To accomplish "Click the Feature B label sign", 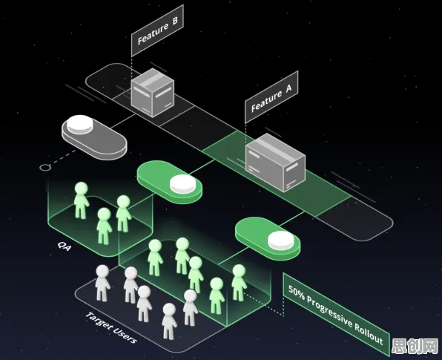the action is pyautogui.click(x=157, y=30).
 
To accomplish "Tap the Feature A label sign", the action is pyautogui.click(x=271, y=96).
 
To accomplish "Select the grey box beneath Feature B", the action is pyautogui.click(x=153, y=93).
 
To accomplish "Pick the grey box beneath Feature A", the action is pyautogui.click(x=275, y=163).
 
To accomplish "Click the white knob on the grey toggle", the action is pyautogui.click(x=80, y=124).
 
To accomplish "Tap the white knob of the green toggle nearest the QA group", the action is pyautogui.click(x=182, y=184).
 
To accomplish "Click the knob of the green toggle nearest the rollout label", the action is pyautogui.click(x=281, y=240).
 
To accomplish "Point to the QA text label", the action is pyautogui.click(x=65, y=246).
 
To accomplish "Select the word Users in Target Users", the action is pyautogui.click(x=126, y=336).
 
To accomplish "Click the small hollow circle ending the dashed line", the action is pyautogui.click(x=44, y=168).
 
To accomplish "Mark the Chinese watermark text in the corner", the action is pyautogui.click(x=415, y=346).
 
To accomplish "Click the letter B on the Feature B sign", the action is pyautogui.click(x=175, y=21).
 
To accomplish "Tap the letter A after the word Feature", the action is pyautogui.click(x=288, y=88).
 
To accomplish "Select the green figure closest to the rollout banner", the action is pyautogui.click(x=239, y=282).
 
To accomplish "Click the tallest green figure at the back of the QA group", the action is pyautogui.click(x=81, y=200).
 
